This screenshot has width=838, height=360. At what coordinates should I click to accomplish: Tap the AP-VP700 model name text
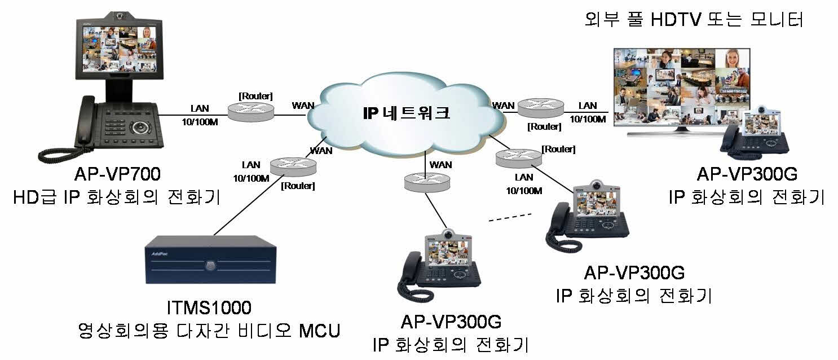click(x=116, y=173)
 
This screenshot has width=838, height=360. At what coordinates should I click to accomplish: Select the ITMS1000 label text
click(x=209, y=308)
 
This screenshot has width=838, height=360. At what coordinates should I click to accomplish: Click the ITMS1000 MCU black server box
click(x=210, y=260)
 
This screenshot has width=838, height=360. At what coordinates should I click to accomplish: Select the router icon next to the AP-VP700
click(x=251, y=110)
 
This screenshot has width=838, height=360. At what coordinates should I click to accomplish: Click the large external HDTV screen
click(x=682, y=85)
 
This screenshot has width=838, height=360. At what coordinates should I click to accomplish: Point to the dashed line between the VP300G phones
click(x=510, y=217)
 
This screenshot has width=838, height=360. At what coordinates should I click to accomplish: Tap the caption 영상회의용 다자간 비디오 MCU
click(x=209, y=330)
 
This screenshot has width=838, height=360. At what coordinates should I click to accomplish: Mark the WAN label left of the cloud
click(x=303, y=106)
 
